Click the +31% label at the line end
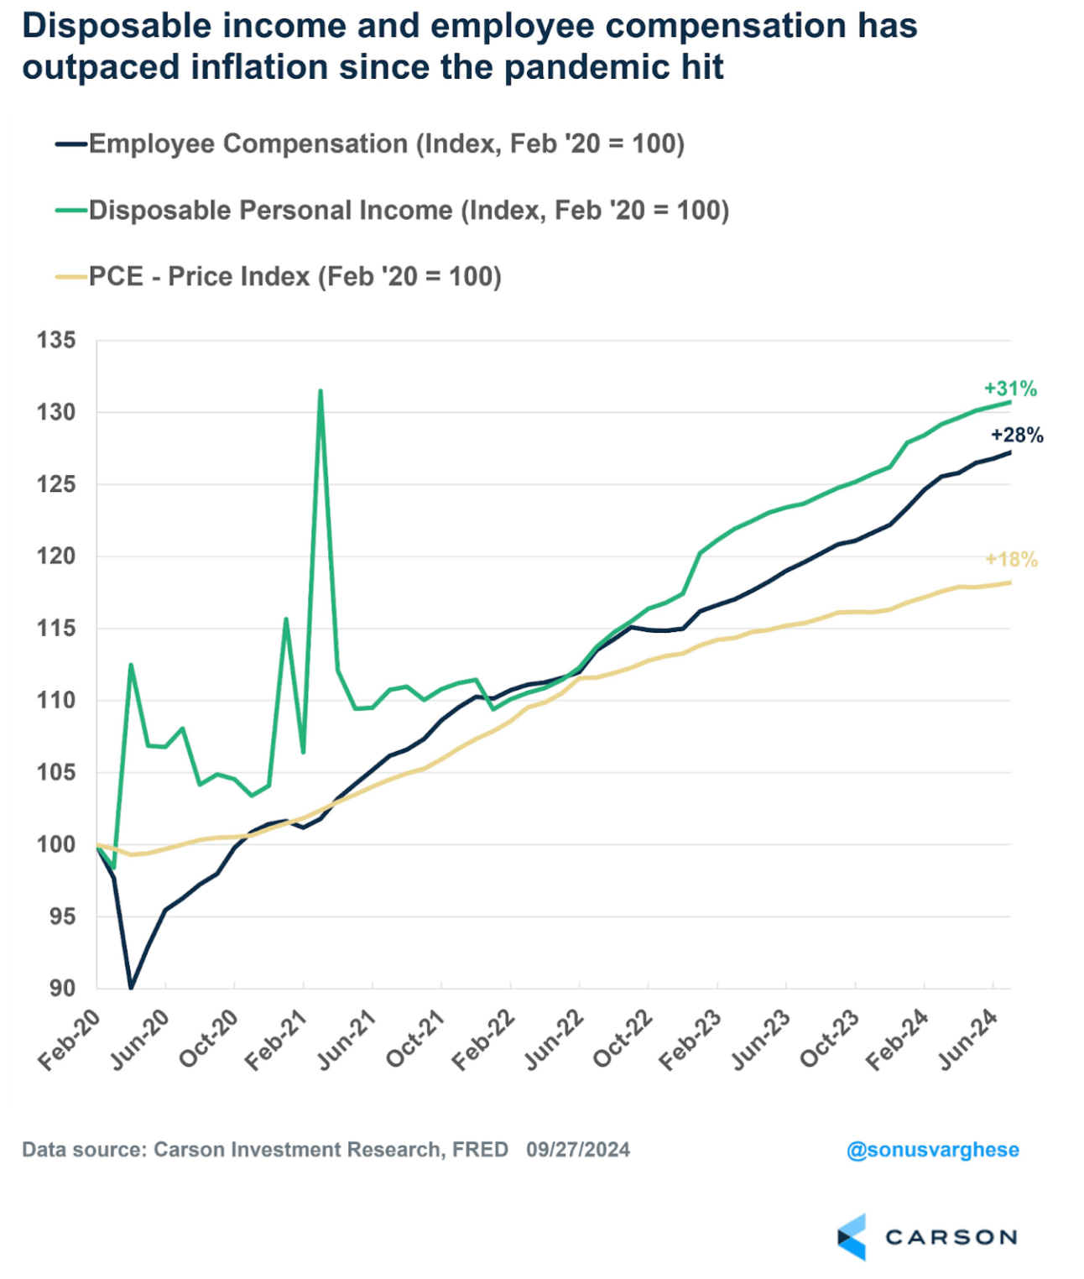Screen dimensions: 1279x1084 coord(1010,389)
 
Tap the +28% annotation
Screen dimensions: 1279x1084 coord(1017,435)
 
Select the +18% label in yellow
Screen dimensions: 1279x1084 coord(1011,560)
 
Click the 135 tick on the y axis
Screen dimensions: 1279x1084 coord(56,340)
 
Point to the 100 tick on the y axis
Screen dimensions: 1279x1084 coord(56,844)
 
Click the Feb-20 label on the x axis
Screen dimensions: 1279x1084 coord(69,1040)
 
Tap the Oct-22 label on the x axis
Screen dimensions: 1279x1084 coord(622,1040)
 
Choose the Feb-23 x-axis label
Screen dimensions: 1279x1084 coord(691,1040)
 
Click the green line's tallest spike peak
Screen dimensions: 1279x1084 coord(321,390)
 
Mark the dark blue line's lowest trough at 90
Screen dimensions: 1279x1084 coord(131,987)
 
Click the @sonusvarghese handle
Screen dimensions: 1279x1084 coord(932,1150)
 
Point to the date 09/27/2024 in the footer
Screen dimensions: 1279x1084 coord(578,1150)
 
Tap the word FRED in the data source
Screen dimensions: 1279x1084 coord(480,1150)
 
